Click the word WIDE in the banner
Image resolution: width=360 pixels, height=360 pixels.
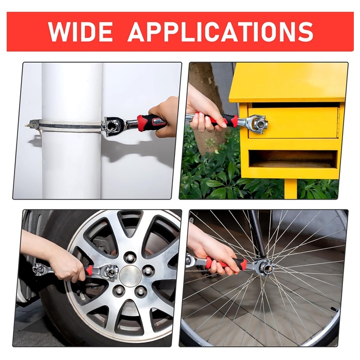(x=80, y=31)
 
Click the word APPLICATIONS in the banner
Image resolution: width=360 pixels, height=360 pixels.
(x=221, y=31)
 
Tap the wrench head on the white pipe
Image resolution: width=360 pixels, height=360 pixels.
(x=113, y=125)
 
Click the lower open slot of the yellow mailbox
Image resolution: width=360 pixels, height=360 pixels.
(x=293, y=159)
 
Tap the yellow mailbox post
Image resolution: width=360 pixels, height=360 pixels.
(x=291, y=189)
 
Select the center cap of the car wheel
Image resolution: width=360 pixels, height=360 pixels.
(x=130, y=276)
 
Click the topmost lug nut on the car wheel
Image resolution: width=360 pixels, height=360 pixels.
(x=129, y=257)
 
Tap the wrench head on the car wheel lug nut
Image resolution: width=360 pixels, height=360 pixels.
(x=110, y=273)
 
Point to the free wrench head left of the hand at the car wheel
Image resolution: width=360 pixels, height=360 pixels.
(x=41, y=269)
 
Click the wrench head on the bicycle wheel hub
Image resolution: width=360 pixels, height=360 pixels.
(x=265, y=267)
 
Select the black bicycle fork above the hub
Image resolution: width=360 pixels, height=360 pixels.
(x=258, y=233)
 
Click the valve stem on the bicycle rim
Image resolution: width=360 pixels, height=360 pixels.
(x=334, y=309)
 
